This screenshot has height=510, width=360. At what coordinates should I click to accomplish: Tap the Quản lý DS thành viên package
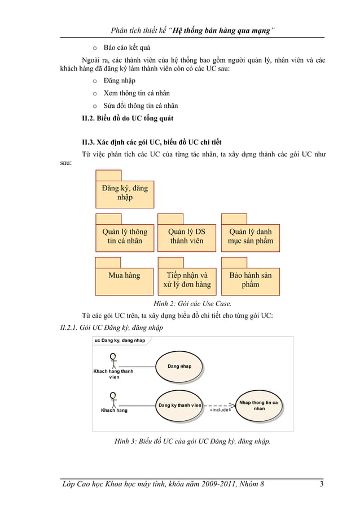click(x=187, y=236)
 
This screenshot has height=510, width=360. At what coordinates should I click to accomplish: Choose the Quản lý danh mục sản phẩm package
click(x=250, y=236)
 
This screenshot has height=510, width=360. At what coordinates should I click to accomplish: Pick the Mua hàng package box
click(x=125, y=280)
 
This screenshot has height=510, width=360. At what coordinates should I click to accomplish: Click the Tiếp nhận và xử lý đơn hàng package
click(x=187, y=280)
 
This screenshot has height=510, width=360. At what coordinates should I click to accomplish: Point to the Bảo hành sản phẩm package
click(x=250, y=280)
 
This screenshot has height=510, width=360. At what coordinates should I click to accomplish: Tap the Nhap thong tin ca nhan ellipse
click(x=259, y=405)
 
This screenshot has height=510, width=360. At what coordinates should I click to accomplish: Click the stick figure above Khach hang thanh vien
click(x=113, y=360)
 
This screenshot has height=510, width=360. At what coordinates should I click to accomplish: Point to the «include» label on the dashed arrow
click(x=220, y=410)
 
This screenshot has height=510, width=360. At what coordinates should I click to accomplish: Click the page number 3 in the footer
click(x=321, y=483)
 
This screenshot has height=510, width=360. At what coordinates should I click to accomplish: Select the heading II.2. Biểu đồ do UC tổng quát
click(x=128, y=118)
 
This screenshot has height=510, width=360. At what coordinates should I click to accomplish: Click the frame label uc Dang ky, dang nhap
click(x=120, y=341)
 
